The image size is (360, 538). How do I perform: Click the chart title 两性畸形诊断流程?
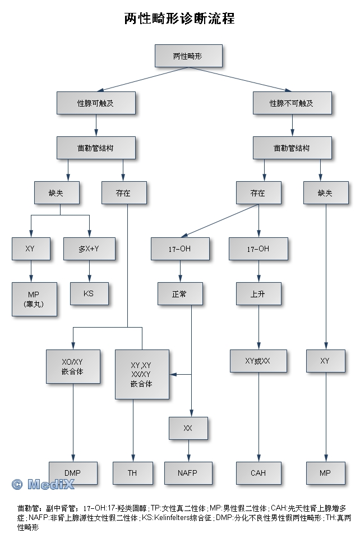pos(179,19)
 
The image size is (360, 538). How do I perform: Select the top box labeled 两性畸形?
pos(188,56)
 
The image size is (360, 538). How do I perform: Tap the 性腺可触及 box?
pos(96,103)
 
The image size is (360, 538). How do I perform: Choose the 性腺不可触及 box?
pos(292,103)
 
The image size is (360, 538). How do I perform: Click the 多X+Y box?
pos(89,248)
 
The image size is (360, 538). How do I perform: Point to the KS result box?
pos(89,293)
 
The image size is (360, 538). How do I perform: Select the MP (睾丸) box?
pos(34,299)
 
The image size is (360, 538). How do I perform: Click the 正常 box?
pos(179,293)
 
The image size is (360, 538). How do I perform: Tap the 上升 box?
pos(258,293)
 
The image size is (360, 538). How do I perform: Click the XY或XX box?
pos(258,361)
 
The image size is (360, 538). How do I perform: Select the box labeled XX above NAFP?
pos(188,428)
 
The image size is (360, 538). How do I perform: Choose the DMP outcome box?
pos(73,473)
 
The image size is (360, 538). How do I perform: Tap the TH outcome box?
pos(132,473)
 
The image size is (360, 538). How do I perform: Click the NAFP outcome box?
pos(188,473)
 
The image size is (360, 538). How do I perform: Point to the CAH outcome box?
pos(258,473)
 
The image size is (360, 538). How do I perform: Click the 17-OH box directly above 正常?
pos(179,249)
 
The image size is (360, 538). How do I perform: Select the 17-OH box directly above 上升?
pos(258,249)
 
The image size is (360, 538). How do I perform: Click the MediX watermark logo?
pos(43,484)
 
